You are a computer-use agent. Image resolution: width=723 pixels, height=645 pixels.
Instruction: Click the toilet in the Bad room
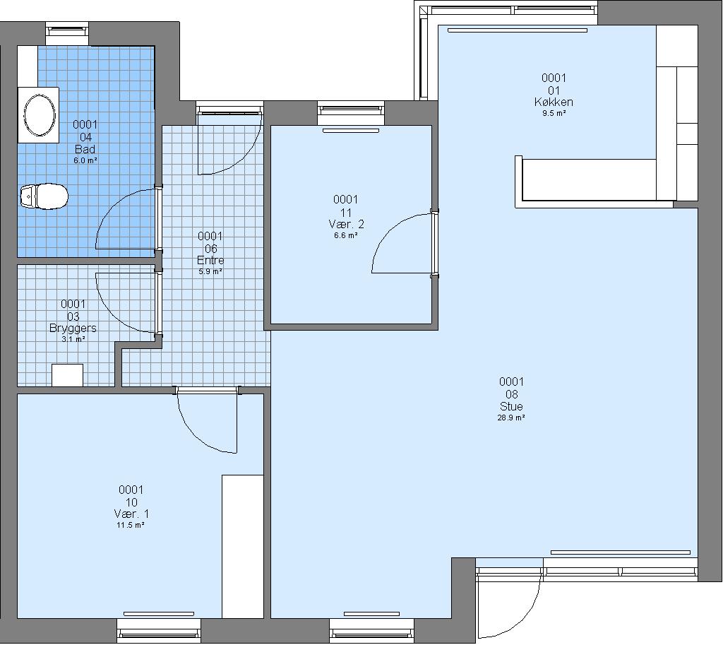(44, 196)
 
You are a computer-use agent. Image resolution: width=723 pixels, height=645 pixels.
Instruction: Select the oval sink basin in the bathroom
(40, 115)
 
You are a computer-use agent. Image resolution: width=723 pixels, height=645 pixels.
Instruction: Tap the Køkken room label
(554, 102)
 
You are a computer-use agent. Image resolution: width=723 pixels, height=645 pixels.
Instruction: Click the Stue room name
(511, 406)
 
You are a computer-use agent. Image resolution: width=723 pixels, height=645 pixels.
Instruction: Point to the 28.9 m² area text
(511, 418)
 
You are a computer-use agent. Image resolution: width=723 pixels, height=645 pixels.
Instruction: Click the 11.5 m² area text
(131, 525)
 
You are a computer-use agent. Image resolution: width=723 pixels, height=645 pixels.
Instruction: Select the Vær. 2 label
(346, 225)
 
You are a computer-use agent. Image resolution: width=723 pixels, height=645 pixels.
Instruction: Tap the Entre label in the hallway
(210, 261)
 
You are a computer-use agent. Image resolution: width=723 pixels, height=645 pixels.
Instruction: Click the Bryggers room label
(73, 329)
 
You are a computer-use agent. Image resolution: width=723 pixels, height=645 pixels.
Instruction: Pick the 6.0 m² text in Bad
(85, 161)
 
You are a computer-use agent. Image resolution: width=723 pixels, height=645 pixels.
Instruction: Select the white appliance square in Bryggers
(67, 375)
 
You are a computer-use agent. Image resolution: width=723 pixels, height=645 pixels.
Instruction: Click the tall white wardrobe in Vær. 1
(243, 546)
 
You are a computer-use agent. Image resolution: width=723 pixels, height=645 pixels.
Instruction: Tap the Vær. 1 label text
(131, 514)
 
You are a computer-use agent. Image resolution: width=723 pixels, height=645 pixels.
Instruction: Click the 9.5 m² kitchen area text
(554, 114)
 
